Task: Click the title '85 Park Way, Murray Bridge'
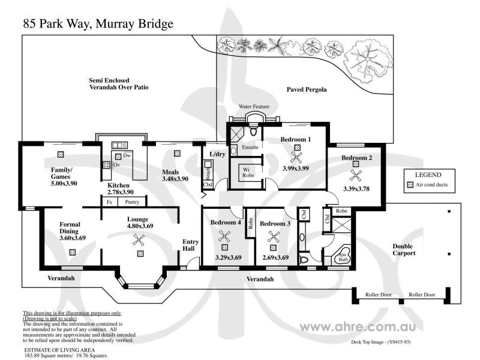[98, 24]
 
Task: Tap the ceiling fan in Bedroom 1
[296, 158]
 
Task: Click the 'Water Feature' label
[254, 106]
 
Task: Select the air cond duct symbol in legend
[410, 185]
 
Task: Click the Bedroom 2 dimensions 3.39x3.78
[356, 188]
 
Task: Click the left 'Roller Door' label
[379, 295]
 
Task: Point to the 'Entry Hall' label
[190, 246]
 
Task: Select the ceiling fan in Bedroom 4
[225, 235]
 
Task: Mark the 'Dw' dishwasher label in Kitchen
[127, 155]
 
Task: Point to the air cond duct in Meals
[177, 153]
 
